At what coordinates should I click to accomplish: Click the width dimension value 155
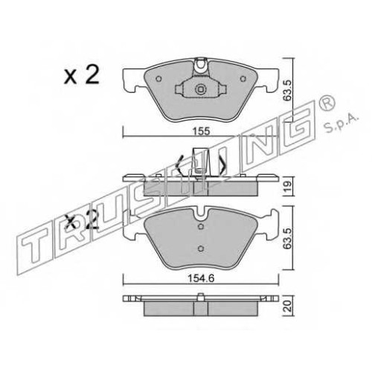click(x=201, y=131)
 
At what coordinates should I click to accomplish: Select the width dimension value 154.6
click(x=201, y=279)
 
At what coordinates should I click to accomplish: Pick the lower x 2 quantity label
click(x=82, y=222)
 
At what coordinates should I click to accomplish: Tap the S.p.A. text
click(x=341, y=124)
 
